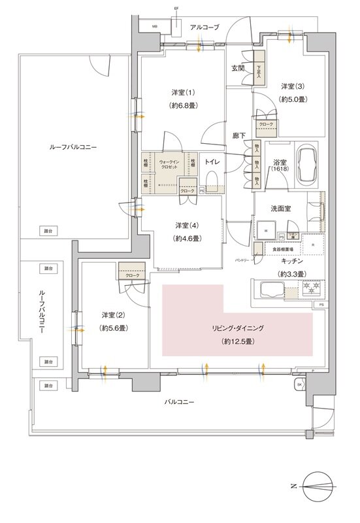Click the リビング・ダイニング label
tap(238, 329)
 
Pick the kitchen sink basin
tap(269, 288)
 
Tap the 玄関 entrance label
tap(238, 68)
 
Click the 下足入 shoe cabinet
tap(259, 71)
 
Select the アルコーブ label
tap(205, 27)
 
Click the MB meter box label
tap(155, 27)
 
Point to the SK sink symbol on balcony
tap(300, 384)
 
